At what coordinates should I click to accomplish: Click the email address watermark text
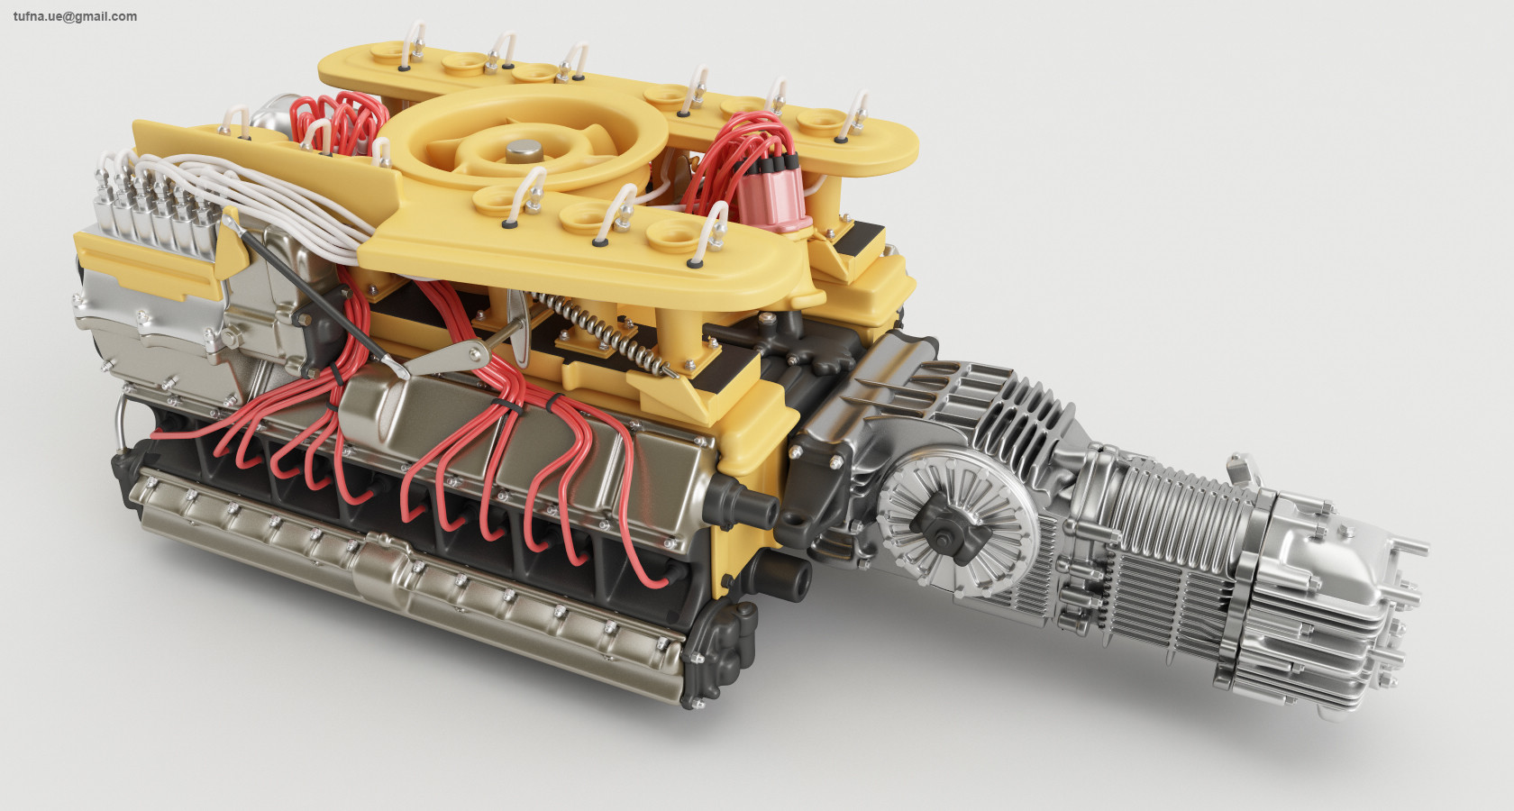click(75, 16)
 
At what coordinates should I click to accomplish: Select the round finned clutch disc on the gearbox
click(955, 524)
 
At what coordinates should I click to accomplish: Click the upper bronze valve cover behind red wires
click(505, 433)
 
